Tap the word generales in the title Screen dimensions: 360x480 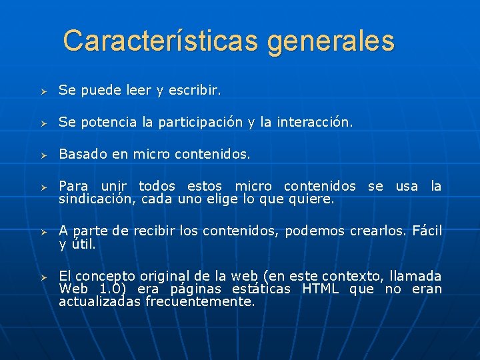click(331, 42)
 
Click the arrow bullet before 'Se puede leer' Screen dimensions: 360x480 click(41, 90)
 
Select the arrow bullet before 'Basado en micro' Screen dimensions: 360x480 click(41, 155)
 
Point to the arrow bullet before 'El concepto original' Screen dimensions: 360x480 click(41, 277)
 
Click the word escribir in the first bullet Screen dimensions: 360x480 click(196, 89)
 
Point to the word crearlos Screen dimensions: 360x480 click(377, 231)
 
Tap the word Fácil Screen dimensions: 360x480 click(427, 231)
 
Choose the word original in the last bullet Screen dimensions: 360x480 click(161, 276)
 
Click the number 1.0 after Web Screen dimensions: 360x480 click(114, 289)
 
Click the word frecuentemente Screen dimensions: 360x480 click(200, 301)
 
